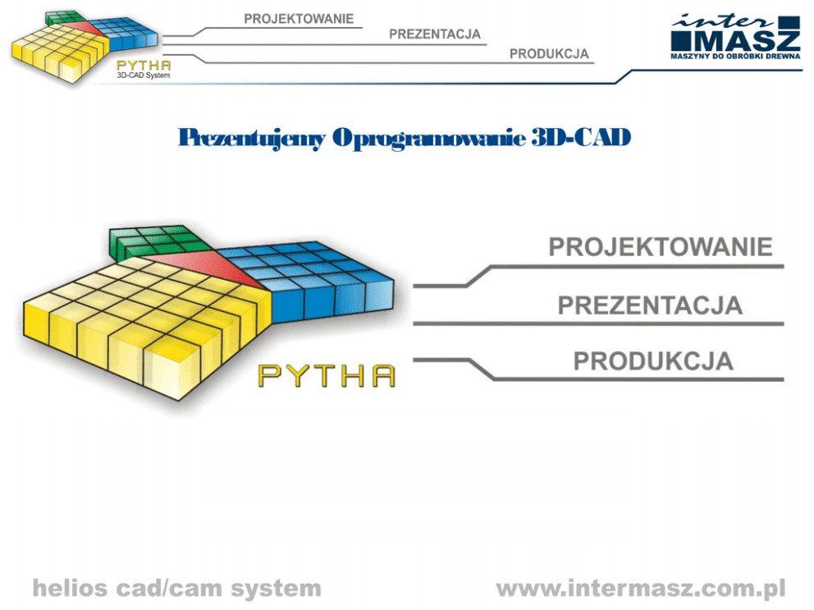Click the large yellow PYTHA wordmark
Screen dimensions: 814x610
(327, 375)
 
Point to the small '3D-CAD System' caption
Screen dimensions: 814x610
(144, 75)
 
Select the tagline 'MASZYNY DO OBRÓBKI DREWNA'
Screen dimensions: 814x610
(735, 57)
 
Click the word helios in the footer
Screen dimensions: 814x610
(68, 589)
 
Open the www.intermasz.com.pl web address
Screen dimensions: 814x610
(641, 589)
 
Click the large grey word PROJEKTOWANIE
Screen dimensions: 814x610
(661, 247)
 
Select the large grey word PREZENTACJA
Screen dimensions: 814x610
(650, 305)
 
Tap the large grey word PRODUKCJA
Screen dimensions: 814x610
(653, 361)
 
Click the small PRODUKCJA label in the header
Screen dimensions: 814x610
(549, 54)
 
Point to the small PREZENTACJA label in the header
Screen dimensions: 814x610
(434, 35)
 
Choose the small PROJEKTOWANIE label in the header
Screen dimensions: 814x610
(299, 17)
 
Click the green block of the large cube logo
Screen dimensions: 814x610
(152, 242)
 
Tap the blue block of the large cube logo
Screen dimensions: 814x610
(316, 279)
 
